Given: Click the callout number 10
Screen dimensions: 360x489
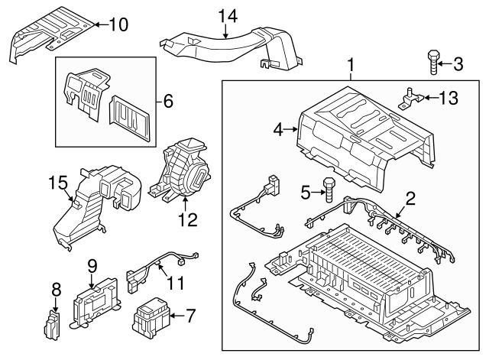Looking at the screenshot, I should pos(119,24).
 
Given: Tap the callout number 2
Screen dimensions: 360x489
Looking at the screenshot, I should pos(410,200).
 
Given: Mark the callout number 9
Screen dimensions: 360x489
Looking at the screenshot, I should pos(92,267).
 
